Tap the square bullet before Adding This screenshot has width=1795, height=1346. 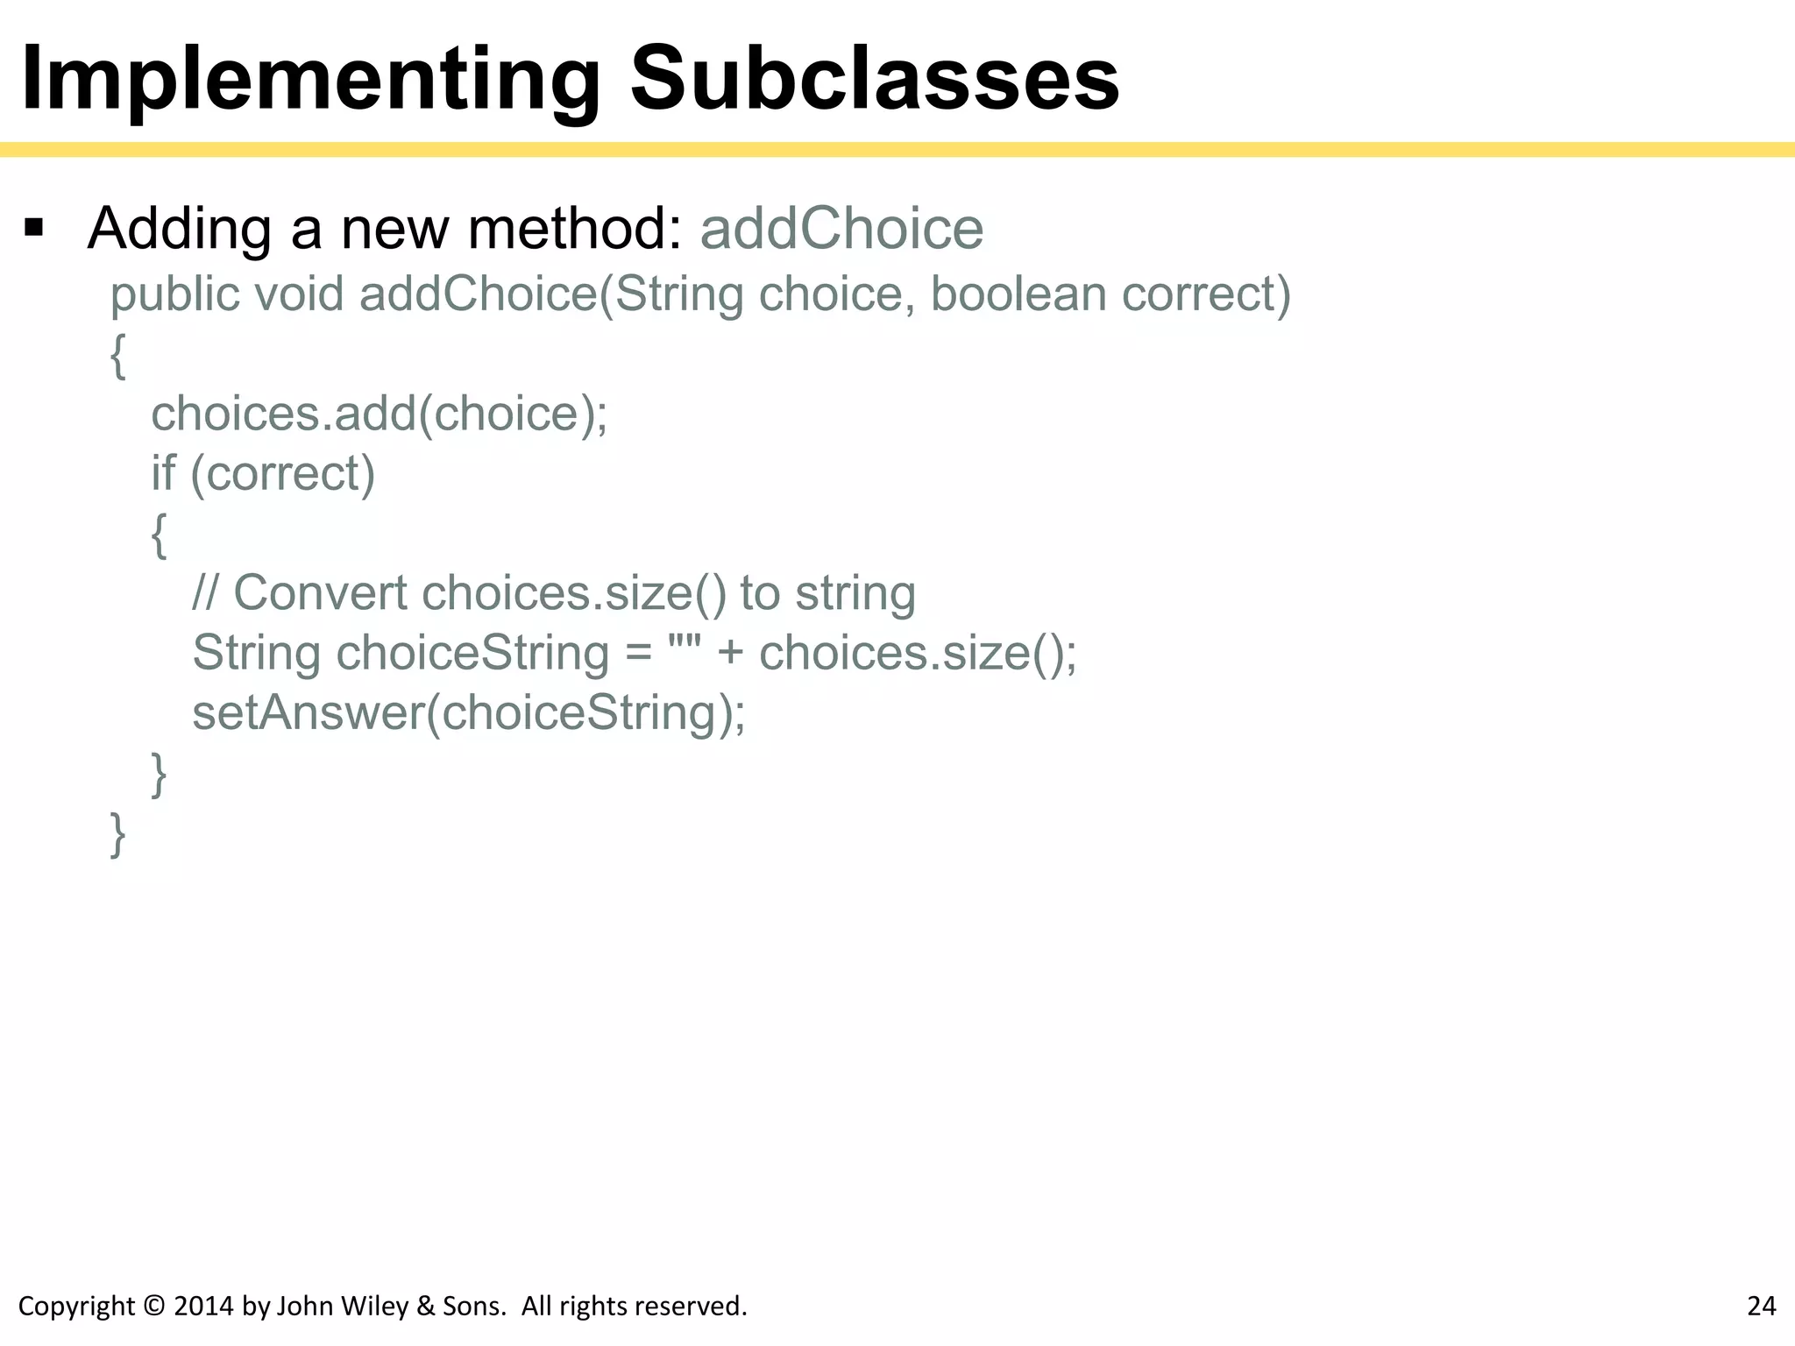point(34,229)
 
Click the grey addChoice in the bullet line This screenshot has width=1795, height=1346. point(841,229)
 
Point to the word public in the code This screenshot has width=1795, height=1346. point(174,294)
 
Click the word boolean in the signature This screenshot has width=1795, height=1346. point(1018,294)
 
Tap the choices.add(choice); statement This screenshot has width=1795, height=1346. point(379,414)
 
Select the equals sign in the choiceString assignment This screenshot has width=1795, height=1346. point(639,654)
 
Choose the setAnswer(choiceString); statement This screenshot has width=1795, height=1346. point(469,712)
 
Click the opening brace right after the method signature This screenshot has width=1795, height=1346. point(117,356)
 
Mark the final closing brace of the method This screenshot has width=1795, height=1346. point(117,834)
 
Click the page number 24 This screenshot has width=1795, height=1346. point(1761,1307)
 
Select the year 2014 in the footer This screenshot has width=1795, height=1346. point(203,1307)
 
